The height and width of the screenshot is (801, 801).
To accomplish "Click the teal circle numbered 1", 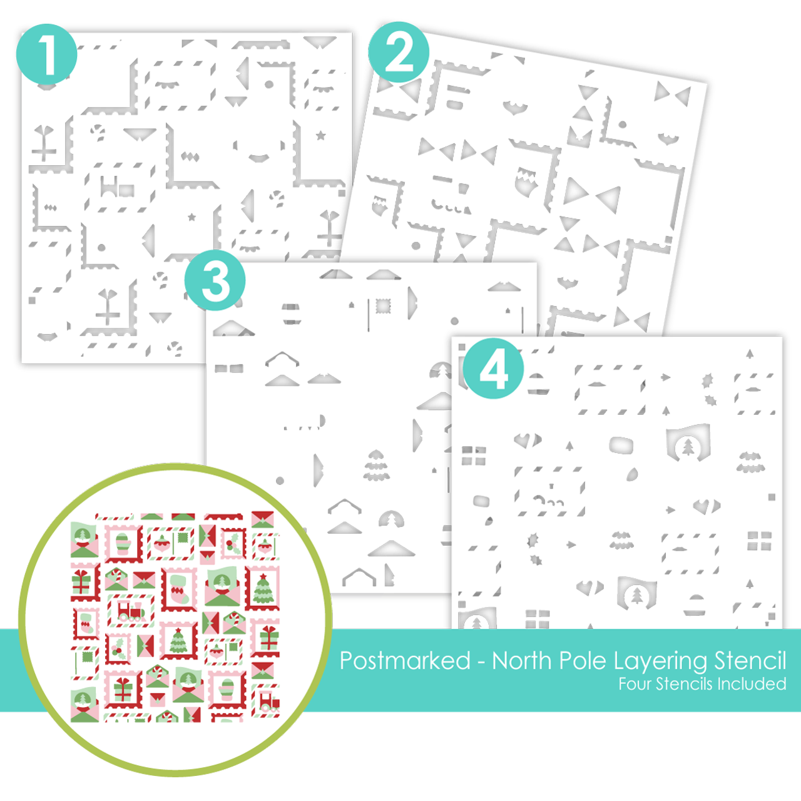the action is tap(46, 54).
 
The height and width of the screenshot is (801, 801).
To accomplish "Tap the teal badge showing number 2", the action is tap(398, 52).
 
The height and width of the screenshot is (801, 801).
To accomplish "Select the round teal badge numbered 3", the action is tap(215, 280).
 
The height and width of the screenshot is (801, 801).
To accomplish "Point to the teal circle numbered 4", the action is tap(493, 369).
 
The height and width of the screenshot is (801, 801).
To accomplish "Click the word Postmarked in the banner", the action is tap(405, 660).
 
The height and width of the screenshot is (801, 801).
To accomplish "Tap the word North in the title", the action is tap(522, 660).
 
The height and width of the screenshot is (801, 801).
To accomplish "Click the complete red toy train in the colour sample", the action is tap(131, 611).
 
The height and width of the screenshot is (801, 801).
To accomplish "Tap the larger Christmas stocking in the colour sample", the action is tap(179, 590).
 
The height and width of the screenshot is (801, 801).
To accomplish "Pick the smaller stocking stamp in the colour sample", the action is tap(86, 624).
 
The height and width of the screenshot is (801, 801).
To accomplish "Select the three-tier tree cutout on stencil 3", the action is tap(376, 465).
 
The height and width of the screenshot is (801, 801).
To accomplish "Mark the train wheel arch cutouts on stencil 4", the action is tap(549, 501).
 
